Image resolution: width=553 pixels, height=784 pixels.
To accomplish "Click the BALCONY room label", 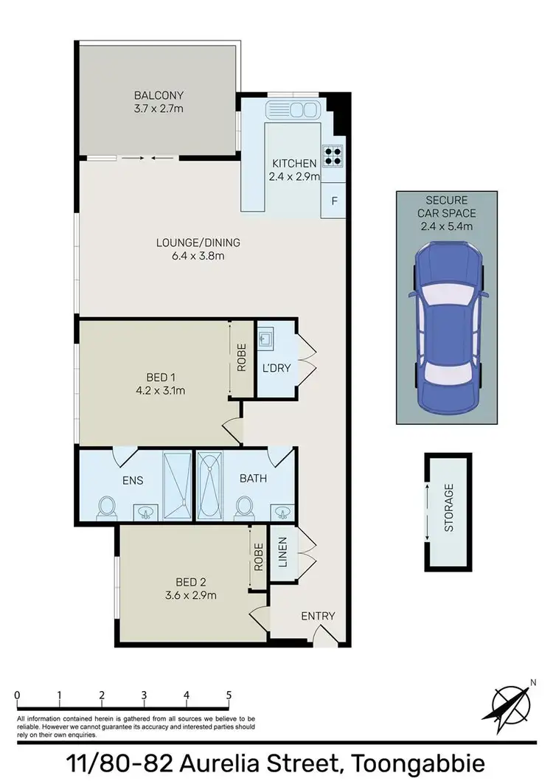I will (x=159, y=95).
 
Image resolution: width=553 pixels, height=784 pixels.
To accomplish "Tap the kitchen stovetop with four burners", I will (x=333, y=156).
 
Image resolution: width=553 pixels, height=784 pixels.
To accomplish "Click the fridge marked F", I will (x=334, y=201).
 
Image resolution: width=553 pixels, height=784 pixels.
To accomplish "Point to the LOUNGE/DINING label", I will (x=198, y=242).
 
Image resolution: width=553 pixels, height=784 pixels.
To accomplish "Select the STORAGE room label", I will (x=448, y=508).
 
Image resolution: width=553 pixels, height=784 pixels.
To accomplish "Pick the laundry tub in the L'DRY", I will (x=266, y=341).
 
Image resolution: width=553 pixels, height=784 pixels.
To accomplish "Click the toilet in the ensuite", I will (x=108, y=507).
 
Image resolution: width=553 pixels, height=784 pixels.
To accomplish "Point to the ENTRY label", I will (x=318, y=616).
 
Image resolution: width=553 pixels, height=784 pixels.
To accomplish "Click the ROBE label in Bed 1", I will (x=241, y=358).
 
